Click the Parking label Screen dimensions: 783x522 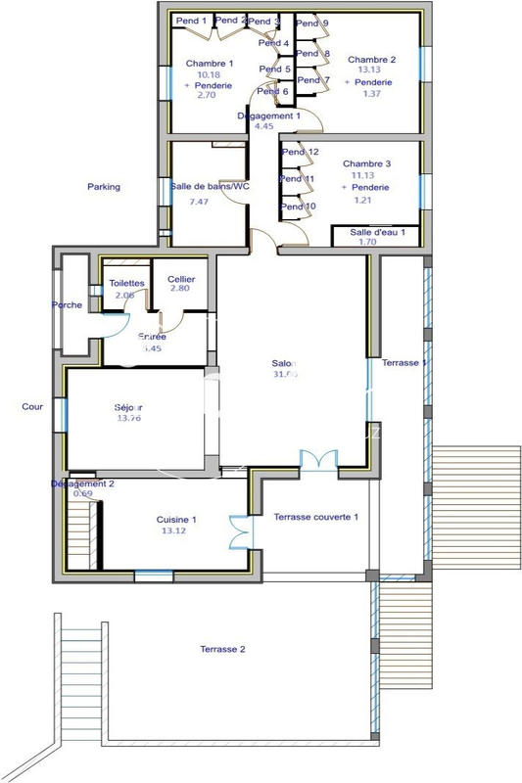pyautogui.click(x=104, y=187)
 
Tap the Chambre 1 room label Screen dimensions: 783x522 pyautogui.click(x=209, y=64)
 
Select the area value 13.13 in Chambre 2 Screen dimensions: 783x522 pyautogui.click(x=367, y=70)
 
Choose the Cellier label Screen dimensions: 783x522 pyautogui.click(x=181, y=280)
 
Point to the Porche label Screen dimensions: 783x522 pyautogui.click(x=67, y=305)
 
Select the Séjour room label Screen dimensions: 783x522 pyautogui.click(x=128, y=407)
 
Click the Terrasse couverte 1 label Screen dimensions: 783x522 pyautogui.click(x=315, y=517)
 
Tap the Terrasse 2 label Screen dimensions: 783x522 pyautogui.click(x=222, y=649)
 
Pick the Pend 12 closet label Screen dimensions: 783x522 pyautogui.click(x=300, y=153)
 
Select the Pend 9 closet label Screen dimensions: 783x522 pyautogui.click(x=312, y=23)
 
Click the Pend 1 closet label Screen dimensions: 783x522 pyautogui.click(x=191, y=21)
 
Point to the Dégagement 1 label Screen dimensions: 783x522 pyautogui.click(x=266, y=115)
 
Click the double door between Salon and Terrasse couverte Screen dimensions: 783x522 pyautogui.click(x=318, y=460)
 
